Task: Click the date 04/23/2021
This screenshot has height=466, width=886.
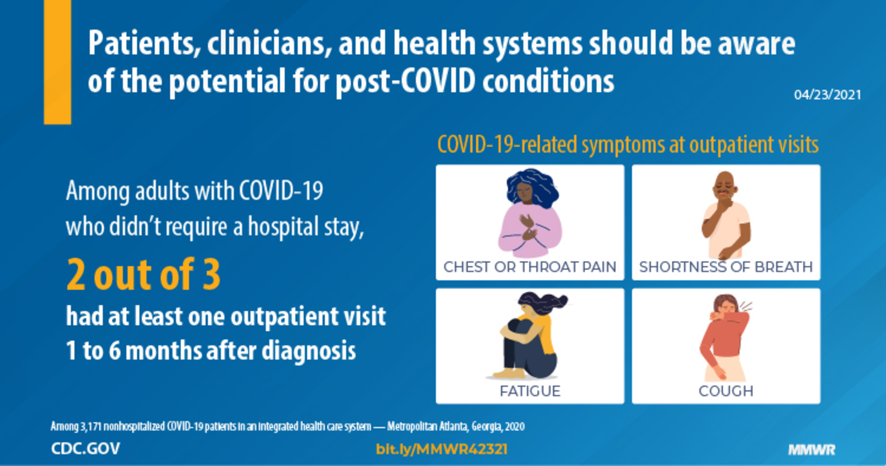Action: pos(827,95)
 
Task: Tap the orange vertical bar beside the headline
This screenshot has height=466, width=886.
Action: pos(57,62)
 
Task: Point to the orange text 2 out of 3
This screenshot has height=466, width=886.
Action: pos(143,274)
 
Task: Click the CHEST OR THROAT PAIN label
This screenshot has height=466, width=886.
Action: pos(530,267)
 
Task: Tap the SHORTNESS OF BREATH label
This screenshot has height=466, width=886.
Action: pos(726,267)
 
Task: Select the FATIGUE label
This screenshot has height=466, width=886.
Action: pos(530,391)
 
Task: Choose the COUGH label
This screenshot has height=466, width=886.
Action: pos(726,391)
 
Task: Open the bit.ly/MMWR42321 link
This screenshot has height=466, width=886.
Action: pos(441,449)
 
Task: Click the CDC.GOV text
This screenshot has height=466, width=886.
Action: pos(85,449)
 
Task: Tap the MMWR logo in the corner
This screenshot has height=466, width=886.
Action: pos(812,450)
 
